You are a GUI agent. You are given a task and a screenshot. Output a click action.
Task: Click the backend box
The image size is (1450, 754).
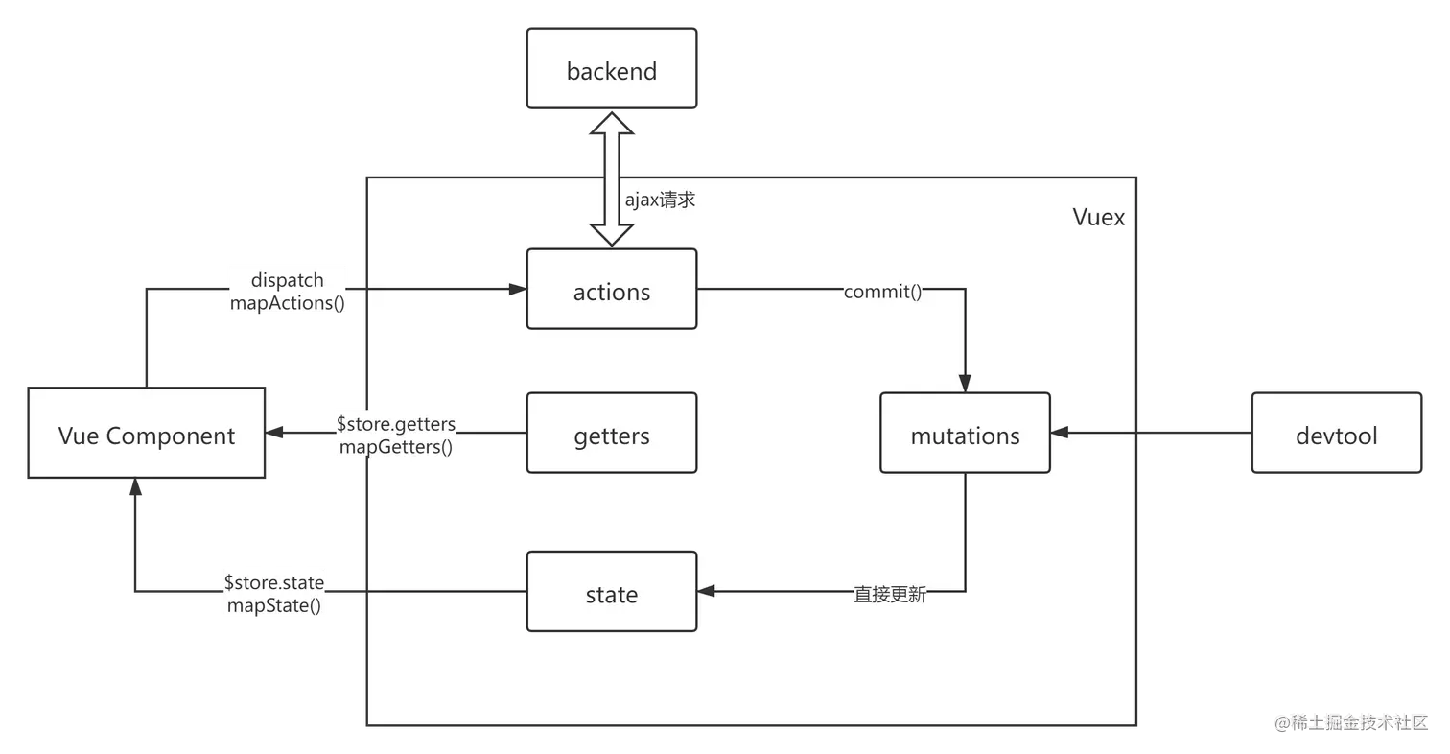pyautogui.click(x=611, y=72)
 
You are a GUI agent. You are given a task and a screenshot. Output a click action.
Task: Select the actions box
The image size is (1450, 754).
pyautogui.click(x=611, y=291)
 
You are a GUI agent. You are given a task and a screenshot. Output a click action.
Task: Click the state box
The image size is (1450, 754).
pyautogui.click(x=611, y=594)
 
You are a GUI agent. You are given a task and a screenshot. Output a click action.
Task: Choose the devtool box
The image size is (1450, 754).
pyautogui.click(x=1336, y=435)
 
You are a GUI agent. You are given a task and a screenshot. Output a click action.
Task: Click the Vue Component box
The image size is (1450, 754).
pyautogui.click(x=146, y=435)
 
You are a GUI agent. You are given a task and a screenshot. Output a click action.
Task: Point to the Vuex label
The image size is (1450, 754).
pyautogui.click(x=1098, y=217)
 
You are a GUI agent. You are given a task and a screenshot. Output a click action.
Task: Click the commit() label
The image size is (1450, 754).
pyautogui.click(x=882, y=292)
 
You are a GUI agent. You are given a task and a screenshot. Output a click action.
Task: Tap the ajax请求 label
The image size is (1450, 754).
pyautogui.click(x=660, y=200)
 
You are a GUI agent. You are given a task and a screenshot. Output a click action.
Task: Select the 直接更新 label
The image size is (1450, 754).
pyautogui.click(x=890, y=595)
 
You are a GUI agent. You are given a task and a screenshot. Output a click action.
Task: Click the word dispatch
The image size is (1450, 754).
pyautogui.click(x=287, y=280)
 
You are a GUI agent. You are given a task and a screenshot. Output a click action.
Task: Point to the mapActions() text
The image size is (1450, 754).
pyautogui.click(x=287, y=302)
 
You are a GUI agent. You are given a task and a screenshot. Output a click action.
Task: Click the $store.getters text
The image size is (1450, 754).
pyautogui.click(x=395, y=423)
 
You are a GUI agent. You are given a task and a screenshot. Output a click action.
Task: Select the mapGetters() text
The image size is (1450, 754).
pyautogui.click(x=395, y=446)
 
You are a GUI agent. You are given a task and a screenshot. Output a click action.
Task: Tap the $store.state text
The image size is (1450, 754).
pyautogui.click(x=274, y=582)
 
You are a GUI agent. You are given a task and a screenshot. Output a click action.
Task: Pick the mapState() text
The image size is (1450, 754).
pyautogui.click(x=274, y=605)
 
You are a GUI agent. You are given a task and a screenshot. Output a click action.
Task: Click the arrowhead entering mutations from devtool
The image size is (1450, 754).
pyautogui.click(x=1060, y=434)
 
